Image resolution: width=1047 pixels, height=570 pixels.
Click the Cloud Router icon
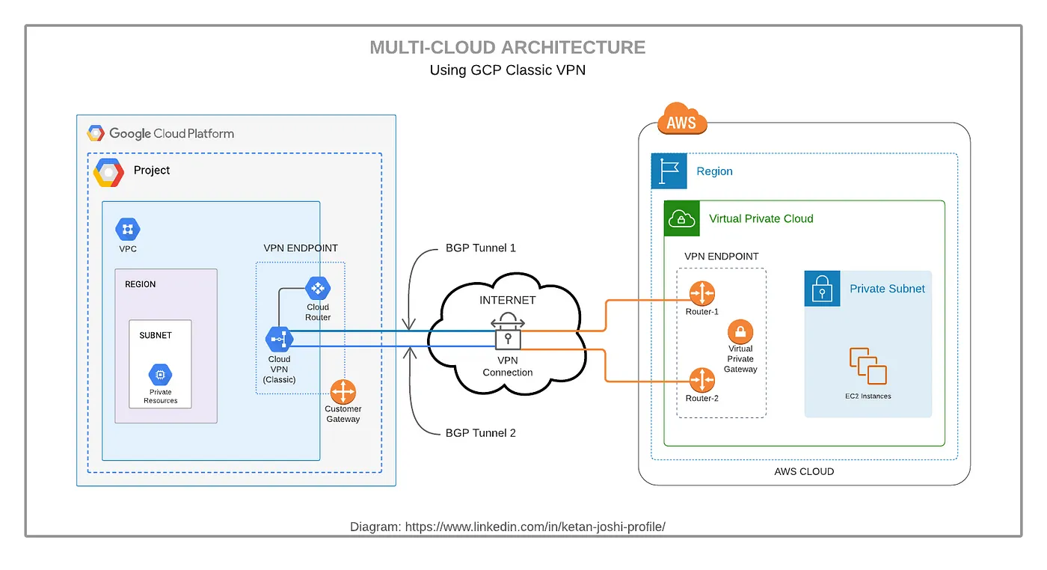tap(318, 288)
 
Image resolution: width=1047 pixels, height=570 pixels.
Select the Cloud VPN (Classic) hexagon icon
tap(279, 340)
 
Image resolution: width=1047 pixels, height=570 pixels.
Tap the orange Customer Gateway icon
tap(343, 392)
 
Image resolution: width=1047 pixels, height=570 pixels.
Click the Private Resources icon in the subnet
tap(160, 375)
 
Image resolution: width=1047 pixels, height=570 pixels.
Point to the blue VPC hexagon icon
tap(128, 230)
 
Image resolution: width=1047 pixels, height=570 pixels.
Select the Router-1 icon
tap(702, 293)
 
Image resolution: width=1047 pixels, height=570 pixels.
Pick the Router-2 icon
tap(702, 380)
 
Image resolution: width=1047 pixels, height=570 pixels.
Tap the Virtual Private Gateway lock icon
tap(740, 332)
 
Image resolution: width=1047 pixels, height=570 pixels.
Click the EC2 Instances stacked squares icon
tap(868, 367)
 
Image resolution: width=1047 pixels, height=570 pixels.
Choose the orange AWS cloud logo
tap(681, 120)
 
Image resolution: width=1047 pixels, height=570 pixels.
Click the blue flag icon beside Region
tap(669, 171)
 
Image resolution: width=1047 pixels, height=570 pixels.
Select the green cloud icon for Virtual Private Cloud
tap(681, 218)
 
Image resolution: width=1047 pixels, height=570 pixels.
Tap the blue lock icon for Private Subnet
tap(822, 289)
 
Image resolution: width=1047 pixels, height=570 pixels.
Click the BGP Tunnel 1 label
tap(480, 248)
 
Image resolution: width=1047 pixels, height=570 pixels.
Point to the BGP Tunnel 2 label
tap(480, 433)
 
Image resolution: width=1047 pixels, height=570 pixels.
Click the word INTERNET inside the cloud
tap(508, 300)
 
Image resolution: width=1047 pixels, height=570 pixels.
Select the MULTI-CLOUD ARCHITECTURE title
tap(508, 48)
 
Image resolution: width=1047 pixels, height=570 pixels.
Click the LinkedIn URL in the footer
tap(535, 527)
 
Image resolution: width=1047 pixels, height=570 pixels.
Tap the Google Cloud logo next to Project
tap(108, 173)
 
